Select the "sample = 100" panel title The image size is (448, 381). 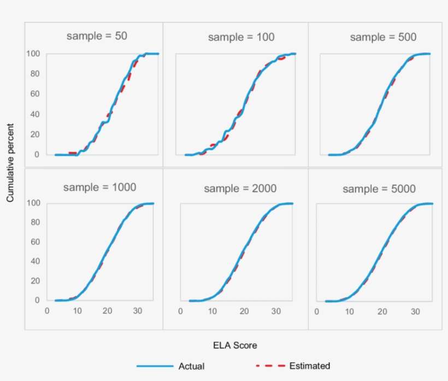click(241, 37)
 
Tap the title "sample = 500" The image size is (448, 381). click(383, 37)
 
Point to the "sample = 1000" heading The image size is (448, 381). click(99, 187)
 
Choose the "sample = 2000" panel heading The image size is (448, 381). click(240, 189)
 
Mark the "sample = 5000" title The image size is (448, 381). click(379, 189)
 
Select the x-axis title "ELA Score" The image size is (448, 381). click(235, 345)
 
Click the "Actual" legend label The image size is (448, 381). click(191, 366)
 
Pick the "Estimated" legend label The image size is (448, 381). click(309, 366)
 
